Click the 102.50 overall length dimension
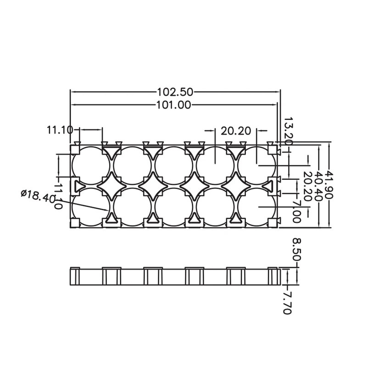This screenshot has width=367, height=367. (175, 92)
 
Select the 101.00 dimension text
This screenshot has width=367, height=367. (173, 105)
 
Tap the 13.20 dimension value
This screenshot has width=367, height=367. (288, 130)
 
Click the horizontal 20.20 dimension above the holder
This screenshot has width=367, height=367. (236, 131)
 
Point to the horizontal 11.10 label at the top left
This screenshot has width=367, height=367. (60, 130)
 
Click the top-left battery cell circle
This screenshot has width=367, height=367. (91, 166)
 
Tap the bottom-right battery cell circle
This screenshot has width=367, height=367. (257, 207)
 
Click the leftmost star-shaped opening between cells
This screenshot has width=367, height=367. (111, 186)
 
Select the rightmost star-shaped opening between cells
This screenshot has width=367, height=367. (236, 186)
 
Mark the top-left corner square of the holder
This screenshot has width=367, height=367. (75, 150)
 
